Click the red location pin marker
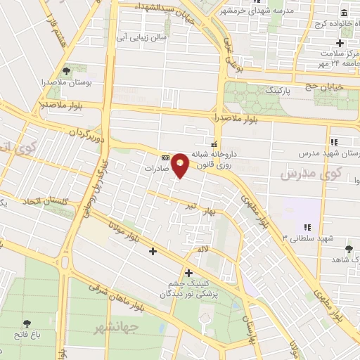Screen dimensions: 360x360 181,165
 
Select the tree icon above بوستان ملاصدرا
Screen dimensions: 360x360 67,71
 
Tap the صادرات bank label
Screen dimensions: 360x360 158,169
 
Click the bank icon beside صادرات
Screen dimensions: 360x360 165,158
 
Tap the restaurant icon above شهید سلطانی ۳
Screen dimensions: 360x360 307,226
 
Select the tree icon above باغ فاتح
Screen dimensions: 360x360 27,324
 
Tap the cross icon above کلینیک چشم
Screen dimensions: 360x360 188,273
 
